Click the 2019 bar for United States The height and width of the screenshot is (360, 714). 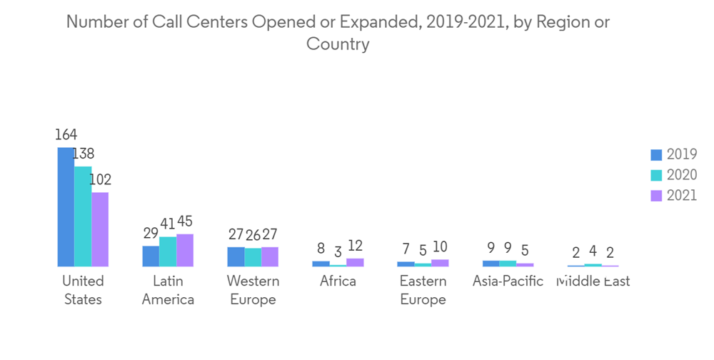tap(66, 207)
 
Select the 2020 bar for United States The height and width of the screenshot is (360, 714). tap(83, 216)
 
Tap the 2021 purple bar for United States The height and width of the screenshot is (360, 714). tap(100, 229)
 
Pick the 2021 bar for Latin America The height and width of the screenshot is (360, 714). tap(185, 250)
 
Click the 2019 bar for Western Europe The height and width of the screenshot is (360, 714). tap(236, 256)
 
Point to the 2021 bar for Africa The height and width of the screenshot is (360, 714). tap(355, 262)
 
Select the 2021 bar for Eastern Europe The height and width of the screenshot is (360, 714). tap(440, 263)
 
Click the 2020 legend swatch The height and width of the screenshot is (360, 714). tap(657, 175)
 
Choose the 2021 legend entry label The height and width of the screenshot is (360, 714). tap(681, 196)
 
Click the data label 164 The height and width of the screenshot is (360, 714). tap(66, 134)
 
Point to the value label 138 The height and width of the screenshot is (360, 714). tap(83, 154)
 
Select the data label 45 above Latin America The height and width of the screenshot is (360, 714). tap(185, 221)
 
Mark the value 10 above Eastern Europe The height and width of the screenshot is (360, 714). tap(440, 247)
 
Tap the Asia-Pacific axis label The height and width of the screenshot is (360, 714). tap(508, 281)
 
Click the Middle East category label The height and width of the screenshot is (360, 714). tap(593, 281)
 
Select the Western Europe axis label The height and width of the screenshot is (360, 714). tap(253, 289)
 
